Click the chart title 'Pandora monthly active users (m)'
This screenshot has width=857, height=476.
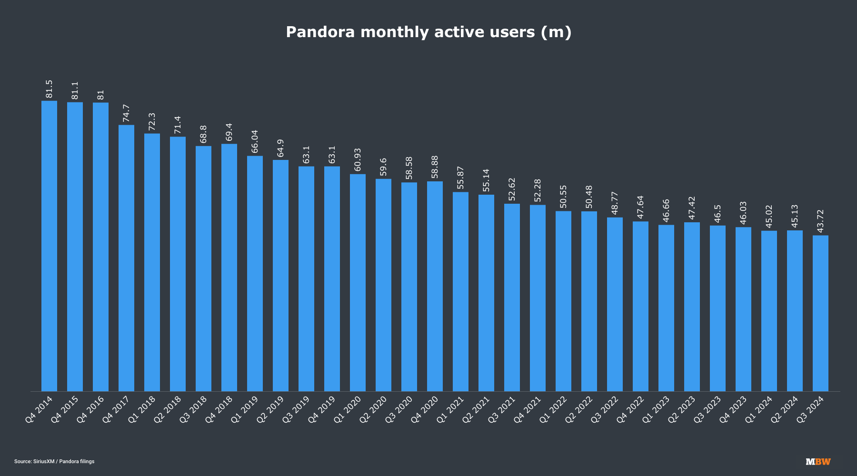(428, 32)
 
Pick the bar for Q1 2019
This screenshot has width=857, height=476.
(255, 273)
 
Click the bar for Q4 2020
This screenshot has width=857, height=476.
(435, 286)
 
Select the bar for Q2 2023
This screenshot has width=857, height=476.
(692, 307)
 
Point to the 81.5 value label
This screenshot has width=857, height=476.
(49, 89)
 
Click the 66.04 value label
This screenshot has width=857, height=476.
(255, 141)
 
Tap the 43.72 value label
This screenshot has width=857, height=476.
(820, 221)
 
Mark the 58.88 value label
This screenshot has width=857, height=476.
(435, 167)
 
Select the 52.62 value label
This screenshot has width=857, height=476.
(512, 189)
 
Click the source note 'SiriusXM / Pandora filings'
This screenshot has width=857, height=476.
(54, 461)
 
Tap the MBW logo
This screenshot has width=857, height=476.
(818, 461)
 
